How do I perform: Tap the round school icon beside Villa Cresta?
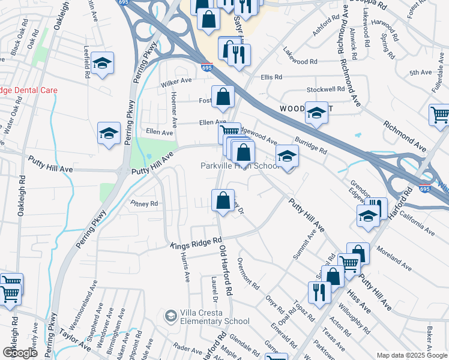click(x=171, y=316)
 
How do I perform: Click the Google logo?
click(x=20, y=352)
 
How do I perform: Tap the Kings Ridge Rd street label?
click(x=191, y=245)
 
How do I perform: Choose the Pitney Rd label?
click(x=144, y=204)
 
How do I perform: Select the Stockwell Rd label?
click(x=325, y=89)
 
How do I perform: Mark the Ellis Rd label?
click(x=271, y=77)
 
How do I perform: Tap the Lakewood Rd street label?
click(x=300, y=62)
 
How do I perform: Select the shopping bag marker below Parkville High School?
click(x=223, y=200)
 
